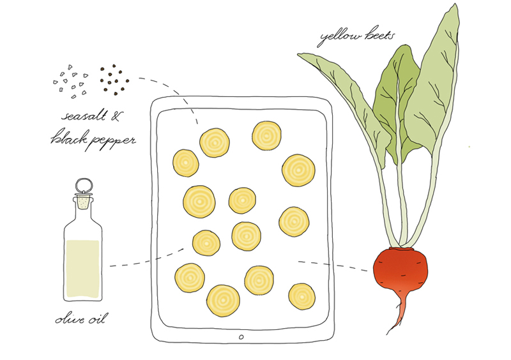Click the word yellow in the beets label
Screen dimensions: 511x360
[340, 38]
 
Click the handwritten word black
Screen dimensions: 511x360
[69, 137]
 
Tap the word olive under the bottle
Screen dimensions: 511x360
[71, 319]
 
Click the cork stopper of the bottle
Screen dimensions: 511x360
[84, 202]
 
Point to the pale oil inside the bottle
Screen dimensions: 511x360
[82, 269]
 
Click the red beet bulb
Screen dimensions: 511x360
[400, 269]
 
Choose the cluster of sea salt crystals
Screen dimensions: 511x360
[71, 82]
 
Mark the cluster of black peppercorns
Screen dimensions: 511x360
[114, 80]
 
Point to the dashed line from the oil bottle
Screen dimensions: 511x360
[147, 260]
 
